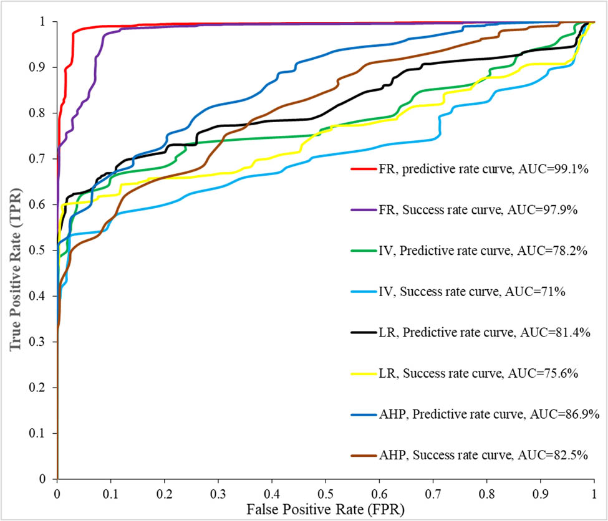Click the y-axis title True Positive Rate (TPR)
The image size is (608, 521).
[x=13, y=249]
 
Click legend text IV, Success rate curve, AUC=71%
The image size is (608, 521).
[x=472, y=291]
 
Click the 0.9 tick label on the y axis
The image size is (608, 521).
[x=41, y=67]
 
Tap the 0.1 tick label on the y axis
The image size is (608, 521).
[x=41, y=434]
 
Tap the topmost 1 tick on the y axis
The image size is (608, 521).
[x=47, y=22]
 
